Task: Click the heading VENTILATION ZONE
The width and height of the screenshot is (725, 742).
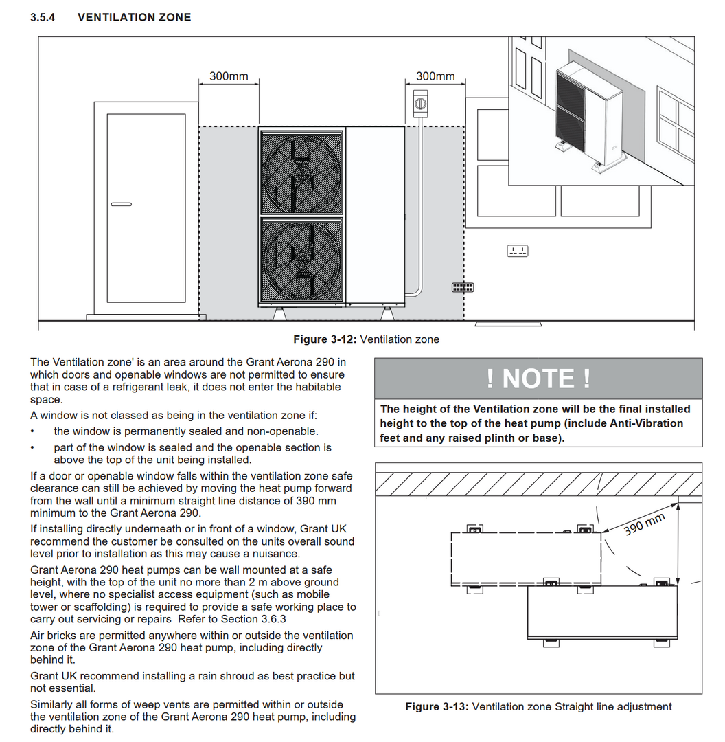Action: (135, 17)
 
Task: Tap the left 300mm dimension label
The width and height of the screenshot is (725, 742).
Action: (229, 76)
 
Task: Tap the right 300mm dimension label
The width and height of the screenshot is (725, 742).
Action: (435, 76)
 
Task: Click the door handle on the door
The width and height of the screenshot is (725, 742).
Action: (121, 203)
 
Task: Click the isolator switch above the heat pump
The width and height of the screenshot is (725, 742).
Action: (421, 104)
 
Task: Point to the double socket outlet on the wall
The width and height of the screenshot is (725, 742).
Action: (518, 251)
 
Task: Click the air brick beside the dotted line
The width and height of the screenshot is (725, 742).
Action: (462, 287)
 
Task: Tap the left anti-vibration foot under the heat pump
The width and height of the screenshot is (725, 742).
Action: (279, 313)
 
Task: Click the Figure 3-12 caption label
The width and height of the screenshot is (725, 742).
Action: (325, 339)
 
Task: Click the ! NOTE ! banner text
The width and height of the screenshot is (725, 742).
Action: (538, 379)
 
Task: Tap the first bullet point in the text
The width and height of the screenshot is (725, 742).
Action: (33, 432)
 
